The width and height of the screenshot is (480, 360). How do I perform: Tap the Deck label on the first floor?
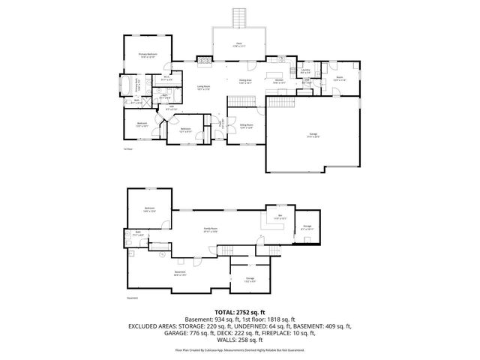[x=238, y=44]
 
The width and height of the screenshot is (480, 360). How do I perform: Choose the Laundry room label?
[x=305, y=71]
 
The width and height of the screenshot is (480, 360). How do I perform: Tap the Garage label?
[x=313, y=136]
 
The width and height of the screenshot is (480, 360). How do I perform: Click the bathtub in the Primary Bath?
[x=129, y=83]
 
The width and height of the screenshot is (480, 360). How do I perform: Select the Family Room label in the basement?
[x=211, y=229]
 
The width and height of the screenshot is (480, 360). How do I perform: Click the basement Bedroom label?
[x=150, y=209]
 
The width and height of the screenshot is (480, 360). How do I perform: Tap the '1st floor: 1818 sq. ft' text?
[x=267, y=319]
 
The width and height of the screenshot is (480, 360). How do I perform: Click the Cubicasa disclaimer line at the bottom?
[x=240, y=349]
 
